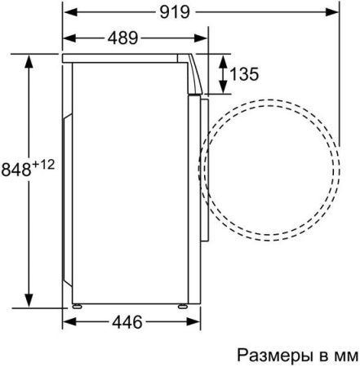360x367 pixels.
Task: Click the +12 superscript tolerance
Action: (43, 165)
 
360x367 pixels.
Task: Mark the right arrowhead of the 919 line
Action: (335, 12)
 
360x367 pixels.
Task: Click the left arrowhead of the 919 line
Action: (69, 12)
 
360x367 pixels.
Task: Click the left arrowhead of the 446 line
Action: (69, 322)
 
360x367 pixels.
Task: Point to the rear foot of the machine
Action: (79, 305)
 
